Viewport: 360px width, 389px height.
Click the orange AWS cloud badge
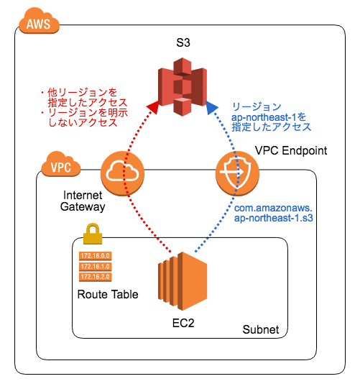(x=38, y=24)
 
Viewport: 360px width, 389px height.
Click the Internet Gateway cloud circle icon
(x=121, y=172)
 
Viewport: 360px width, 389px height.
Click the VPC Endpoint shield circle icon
(x=236, y=172)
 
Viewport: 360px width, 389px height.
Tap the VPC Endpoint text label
(x=291, y=151)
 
